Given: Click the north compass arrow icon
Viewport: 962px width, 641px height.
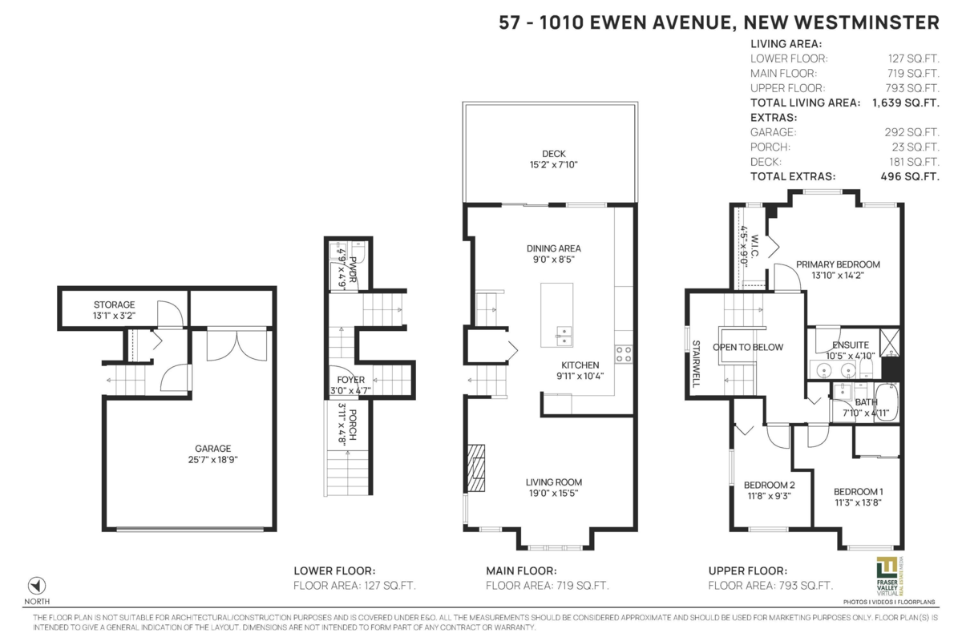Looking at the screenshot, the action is click(37, 585).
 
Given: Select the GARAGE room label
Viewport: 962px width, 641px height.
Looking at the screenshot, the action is click(213, 448).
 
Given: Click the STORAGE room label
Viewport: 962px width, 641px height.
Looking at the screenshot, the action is click(114, 304).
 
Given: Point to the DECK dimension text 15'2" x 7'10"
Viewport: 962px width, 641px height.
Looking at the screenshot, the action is click(554, 164).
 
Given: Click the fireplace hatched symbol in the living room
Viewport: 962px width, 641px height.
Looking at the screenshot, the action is click(476, 468).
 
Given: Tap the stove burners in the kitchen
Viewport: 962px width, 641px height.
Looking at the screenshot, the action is click(624, 354).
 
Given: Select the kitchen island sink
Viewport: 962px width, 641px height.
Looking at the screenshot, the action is click(564, 336).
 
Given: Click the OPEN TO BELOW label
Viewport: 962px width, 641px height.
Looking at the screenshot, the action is click(748, 347).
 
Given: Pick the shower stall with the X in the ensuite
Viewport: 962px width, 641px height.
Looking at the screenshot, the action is click(889, 342).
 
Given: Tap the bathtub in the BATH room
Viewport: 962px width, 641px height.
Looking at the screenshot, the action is click(887, 402).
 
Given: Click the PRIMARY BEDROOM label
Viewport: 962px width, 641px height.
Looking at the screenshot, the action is click(838, 264).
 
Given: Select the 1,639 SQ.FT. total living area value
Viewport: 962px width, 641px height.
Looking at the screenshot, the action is click(906, 103).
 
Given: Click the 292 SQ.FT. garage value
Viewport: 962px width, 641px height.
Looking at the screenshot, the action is click(911, 132).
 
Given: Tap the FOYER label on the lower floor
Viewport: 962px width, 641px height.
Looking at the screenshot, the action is click(350, 380).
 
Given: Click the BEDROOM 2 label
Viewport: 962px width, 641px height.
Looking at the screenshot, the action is click(769, 485).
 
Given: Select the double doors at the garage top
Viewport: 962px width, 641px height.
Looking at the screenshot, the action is click(236, 345).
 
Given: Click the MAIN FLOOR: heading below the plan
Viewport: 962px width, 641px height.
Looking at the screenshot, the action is click(521, 570).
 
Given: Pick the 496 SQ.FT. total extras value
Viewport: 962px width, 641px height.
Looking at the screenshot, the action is click(910, 176).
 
